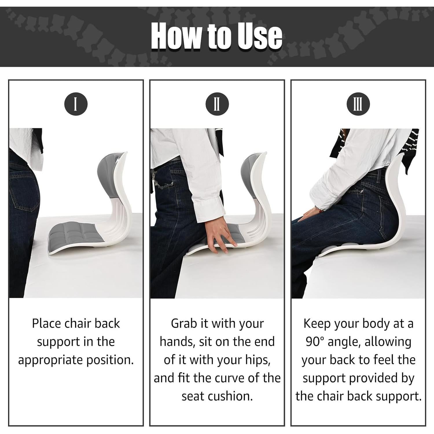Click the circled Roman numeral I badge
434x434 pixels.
[76, 104]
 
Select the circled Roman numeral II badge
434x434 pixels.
[217, 104]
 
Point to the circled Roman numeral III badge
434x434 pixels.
[358, 104]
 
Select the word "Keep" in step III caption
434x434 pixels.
[317, 323]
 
